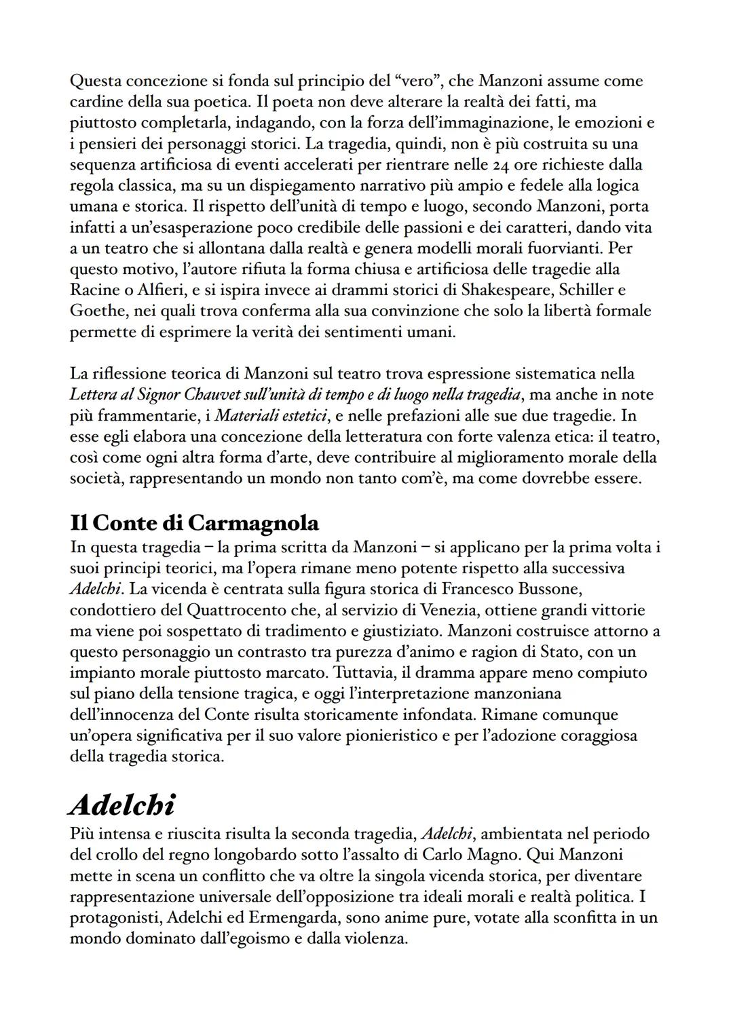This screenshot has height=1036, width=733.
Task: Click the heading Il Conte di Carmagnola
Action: click(194, 523)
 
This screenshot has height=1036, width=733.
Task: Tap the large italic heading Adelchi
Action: click(122, 805)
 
